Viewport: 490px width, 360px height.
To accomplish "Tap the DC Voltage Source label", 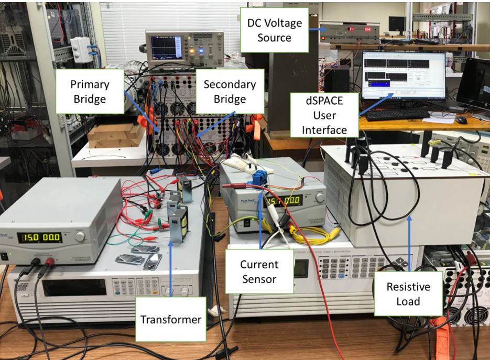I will [271, 29].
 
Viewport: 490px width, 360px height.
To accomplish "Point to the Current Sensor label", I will [259, 271].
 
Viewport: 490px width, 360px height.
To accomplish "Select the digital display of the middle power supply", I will [284, 200].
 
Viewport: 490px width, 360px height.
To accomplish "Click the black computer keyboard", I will [398, 114].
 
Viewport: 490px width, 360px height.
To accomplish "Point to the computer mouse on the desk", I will [461, 120].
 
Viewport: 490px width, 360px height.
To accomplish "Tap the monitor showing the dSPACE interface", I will [403, 75].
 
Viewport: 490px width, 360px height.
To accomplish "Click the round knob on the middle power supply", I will [320, 198].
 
